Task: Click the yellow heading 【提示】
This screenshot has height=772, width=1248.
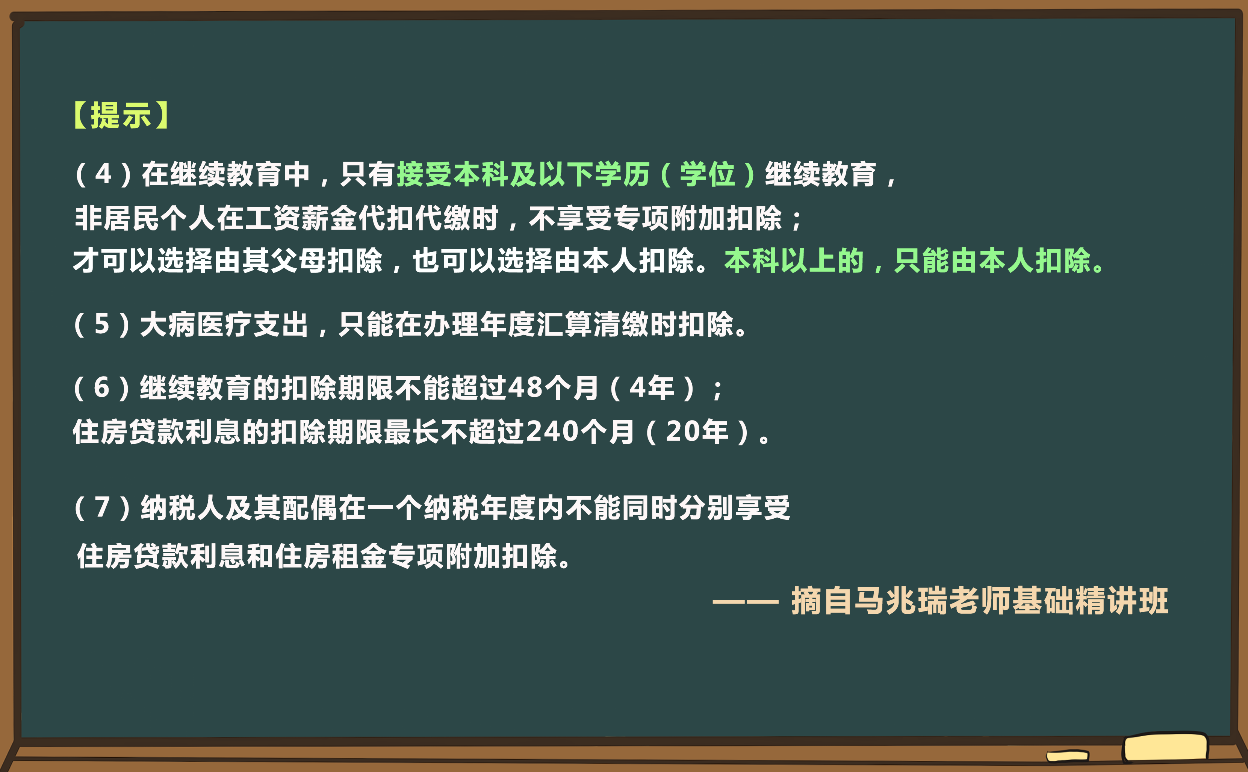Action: [121, 115]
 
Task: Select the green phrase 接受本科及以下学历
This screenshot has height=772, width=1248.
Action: [523, 174]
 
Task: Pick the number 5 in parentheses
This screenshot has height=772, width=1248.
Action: [102, 325]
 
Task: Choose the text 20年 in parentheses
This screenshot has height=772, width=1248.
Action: [697, 432]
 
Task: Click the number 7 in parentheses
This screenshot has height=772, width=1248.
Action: [102, 508]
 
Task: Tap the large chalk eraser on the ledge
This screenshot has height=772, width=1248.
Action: [1165, 748]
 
